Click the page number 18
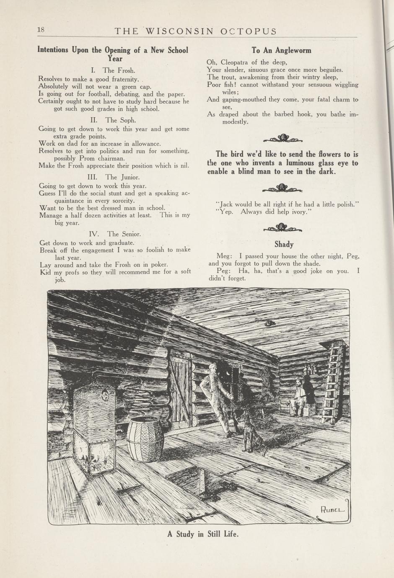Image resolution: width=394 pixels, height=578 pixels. [41, 30]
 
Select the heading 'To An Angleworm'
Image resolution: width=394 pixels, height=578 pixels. [281, 50]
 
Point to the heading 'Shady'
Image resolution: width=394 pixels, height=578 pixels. [284, 244]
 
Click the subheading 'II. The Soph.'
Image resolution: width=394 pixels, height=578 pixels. [113, 120]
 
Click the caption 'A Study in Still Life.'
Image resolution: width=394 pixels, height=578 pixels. [203, 534]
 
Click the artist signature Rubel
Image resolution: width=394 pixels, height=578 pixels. [332, 510]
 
